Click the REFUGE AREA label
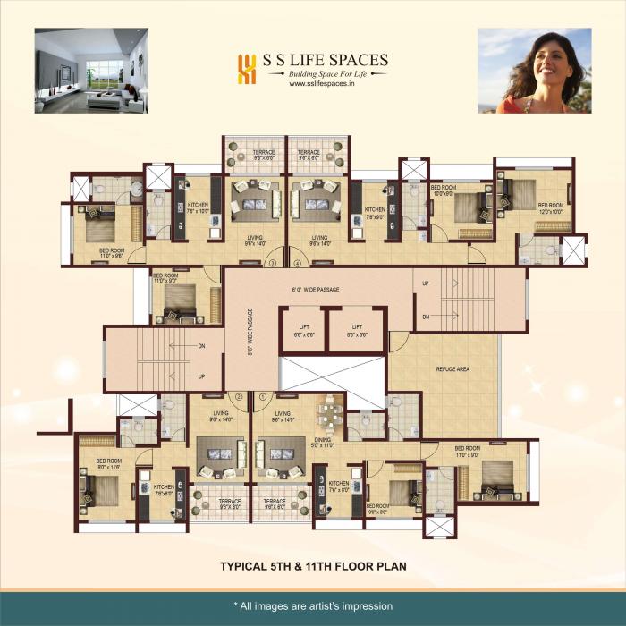tap(453, 368)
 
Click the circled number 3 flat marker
tap(272, 263)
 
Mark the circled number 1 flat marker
tap(263, 396)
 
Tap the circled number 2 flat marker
tap(238, 396)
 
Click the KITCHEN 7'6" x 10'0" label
tap(198, 208)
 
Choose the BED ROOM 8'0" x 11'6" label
tap(108, 464)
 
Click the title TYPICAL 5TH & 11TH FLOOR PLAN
tap(312, 566)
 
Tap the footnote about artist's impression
tap(312, 605)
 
